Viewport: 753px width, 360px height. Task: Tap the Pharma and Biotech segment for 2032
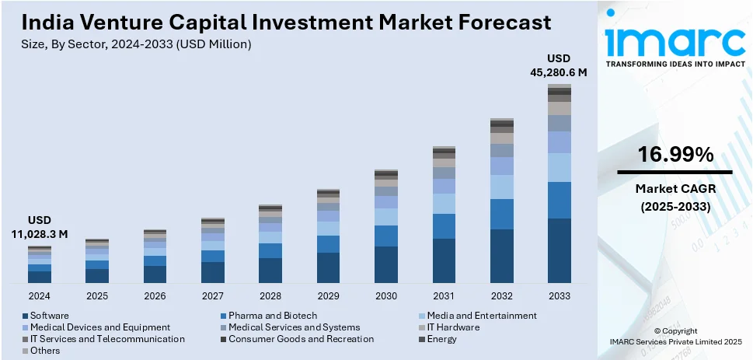(x=501, y=214)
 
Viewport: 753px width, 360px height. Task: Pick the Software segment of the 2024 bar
(x=40, y=277)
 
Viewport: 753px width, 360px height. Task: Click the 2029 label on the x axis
(x=328, y=296)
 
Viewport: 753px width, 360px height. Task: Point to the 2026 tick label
(x=155, y=296)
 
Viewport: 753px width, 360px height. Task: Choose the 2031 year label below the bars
(x=444, y=296)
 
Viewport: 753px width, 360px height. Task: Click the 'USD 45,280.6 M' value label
(x=560, y=65)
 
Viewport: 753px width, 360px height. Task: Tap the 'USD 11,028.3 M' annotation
(x=40, y=227)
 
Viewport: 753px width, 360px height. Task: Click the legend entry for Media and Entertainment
(x=483, y=316)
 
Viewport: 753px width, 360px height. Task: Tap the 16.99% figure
(x=675, y=155)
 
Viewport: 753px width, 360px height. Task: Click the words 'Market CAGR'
(x=675, y=189)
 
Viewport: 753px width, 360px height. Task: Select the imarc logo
(x=674, y=39)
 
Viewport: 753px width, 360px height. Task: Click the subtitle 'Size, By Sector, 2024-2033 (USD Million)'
(x=136, y=44)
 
